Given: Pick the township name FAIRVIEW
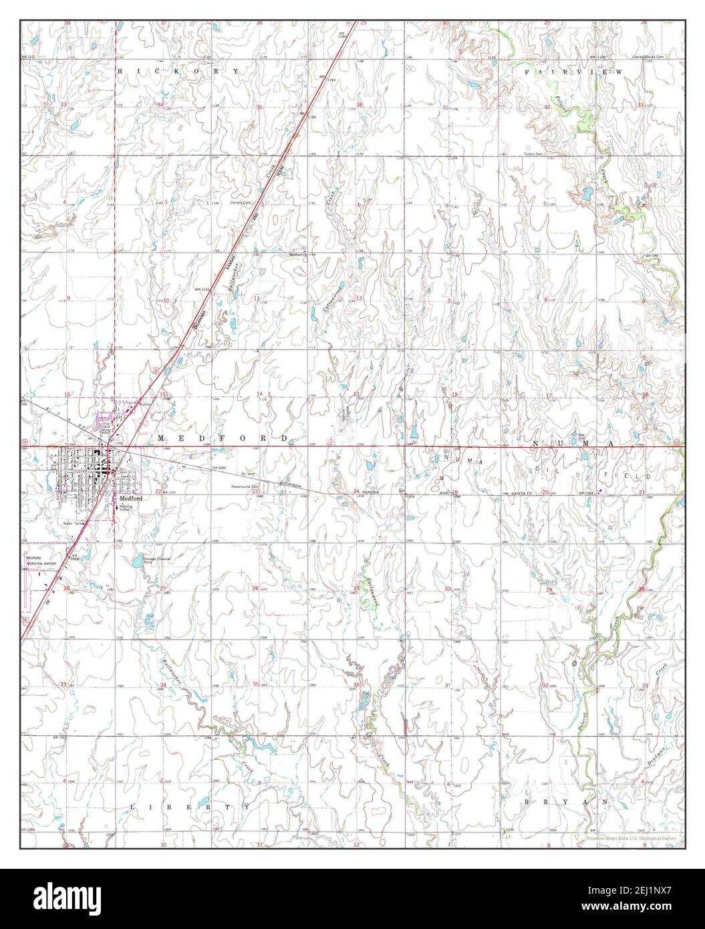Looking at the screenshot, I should [x=573, y=71].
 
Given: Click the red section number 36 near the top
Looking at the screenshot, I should [x=359, y=105].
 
